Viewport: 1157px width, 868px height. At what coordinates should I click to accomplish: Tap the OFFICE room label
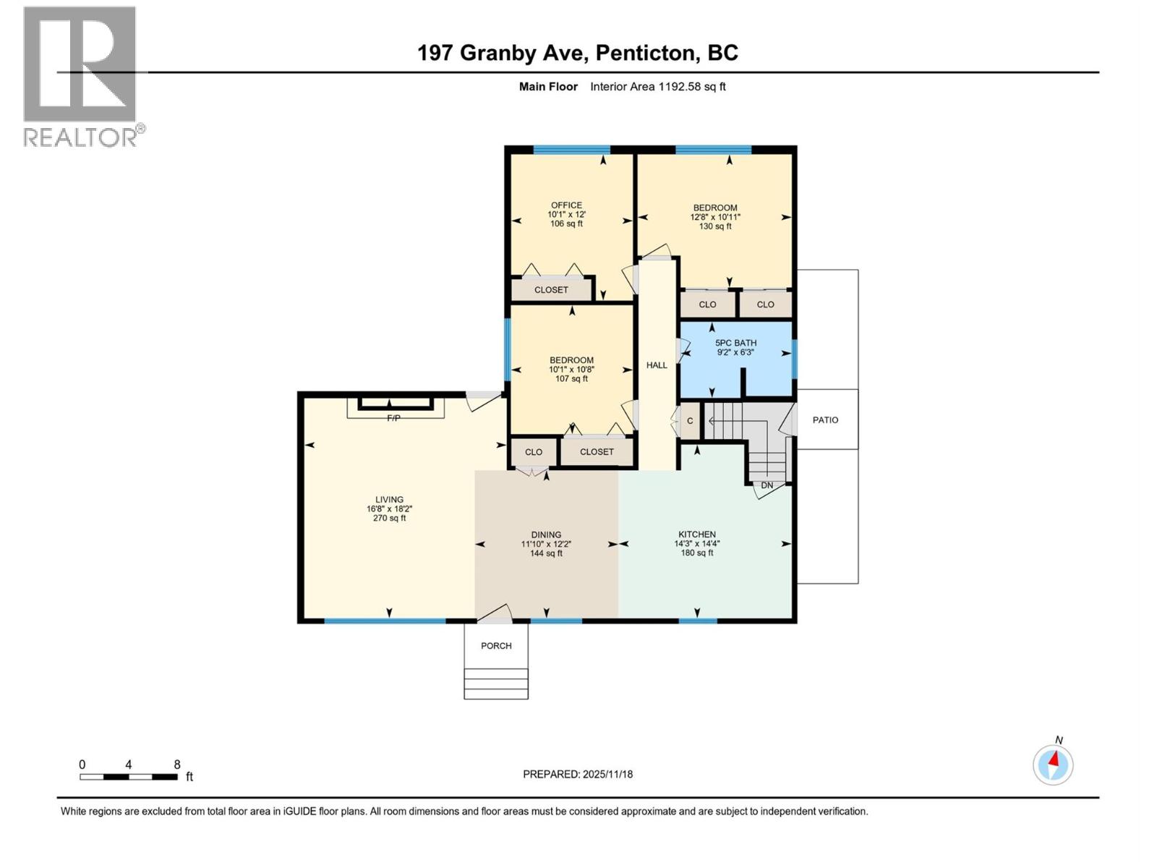pos(566,205)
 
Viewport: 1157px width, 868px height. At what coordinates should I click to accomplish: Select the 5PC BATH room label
pos(735,343)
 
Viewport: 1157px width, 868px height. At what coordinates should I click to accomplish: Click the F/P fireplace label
pos(393,419)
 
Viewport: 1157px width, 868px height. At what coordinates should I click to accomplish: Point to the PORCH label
pos(496,646)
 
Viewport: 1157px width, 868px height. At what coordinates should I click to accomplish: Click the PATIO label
pos(825,420)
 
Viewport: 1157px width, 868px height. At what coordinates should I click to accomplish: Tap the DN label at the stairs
pos(767,485)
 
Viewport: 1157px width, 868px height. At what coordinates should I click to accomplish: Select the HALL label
pos(657,365)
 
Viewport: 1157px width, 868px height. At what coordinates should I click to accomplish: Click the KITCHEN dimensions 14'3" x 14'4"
pos(697,544)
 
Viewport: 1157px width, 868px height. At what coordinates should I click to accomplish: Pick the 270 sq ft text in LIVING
pos(389,518)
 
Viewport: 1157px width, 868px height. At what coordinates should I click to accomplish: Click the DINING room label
pos(546,535)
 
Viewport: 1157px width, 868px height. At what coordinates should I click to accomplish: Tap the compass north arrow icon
pos(1053,764)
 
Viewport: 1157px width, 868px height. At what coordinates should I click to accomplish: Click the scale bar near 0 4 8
pos(129,777)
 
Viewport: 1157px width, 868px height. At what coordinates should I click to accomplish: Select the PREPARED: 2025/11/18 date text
pos(578,774)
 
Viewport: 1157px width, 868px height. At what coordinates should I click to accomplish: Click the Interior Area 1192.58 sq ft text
pos(657,87)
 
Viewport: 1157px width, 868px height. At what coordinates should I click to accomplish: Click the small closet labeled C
pos(690,421)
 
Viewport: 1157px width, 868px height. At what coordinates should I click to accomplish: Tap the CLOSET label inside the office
pos(551,290)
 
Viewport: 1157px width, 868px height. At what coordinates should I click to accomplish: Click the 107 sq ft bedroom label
pos(571,379)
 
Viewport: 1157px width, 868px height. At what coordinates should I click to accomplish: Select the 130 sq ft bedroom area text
pos(715,226)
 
